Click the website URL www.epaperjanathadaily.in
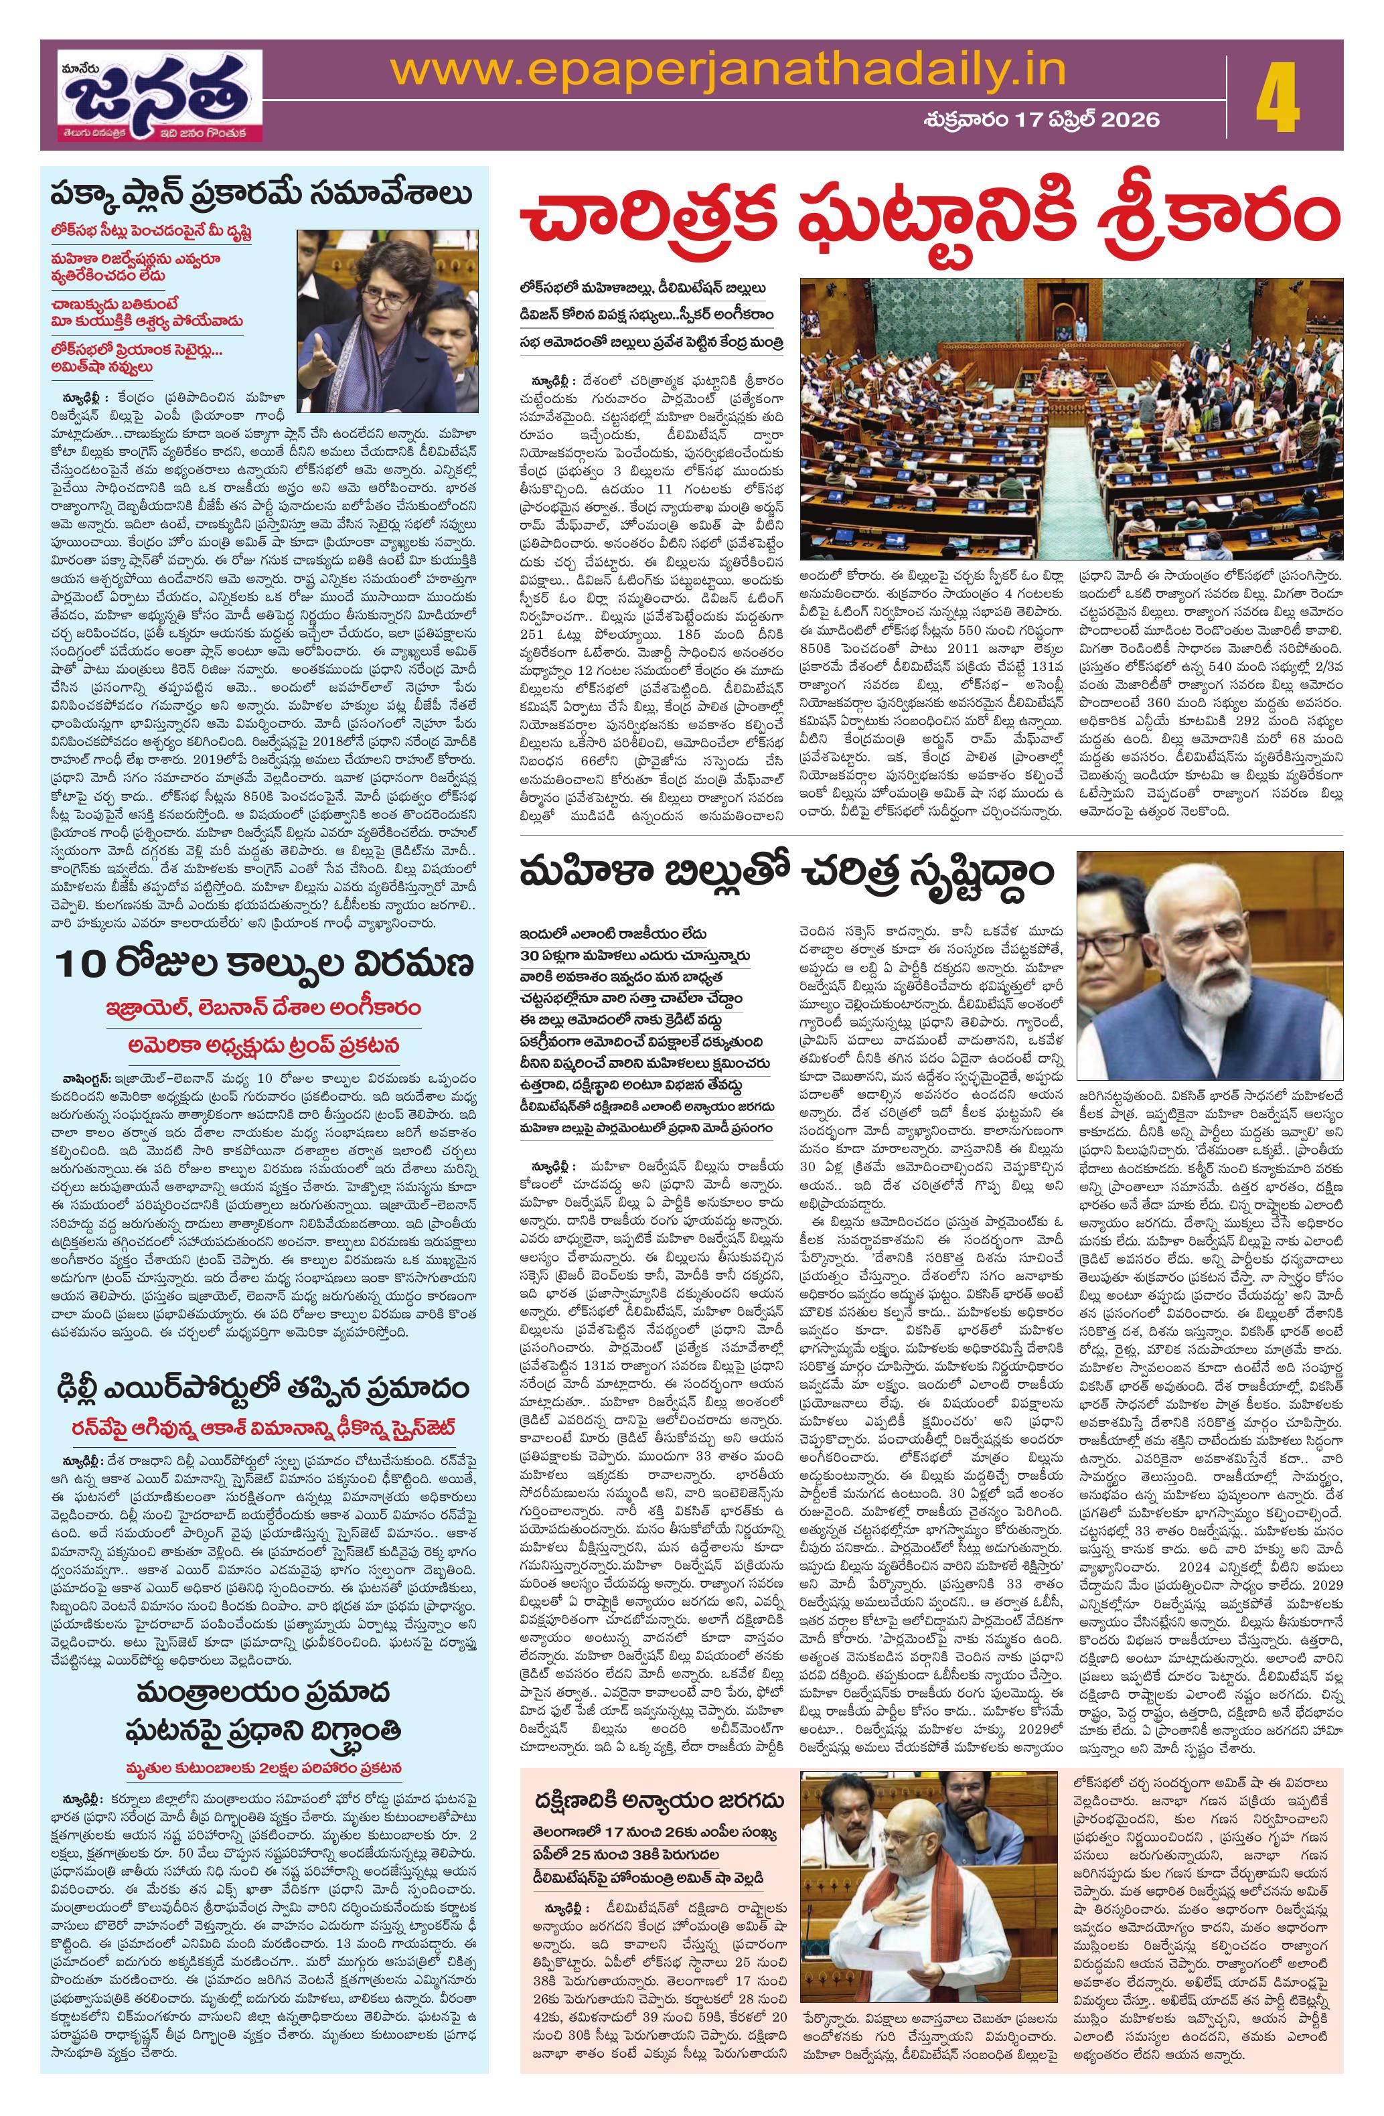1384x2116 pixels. [729, 70]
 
